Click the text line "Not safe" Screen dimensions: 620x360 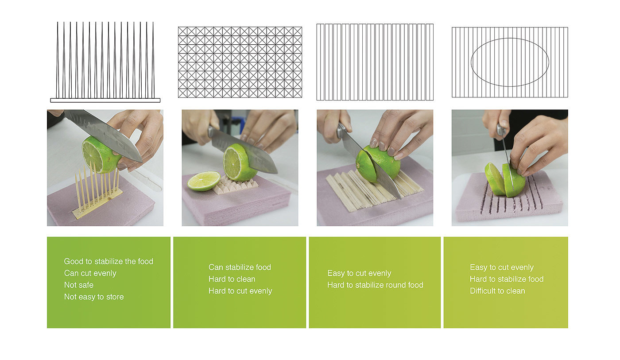[79, 285]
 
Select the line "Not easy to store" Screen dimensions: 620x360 [94, 297]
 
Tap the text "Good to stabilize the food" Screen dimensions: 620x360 [108, 261]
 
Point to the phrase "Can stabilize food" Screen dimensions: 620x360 [240, 267]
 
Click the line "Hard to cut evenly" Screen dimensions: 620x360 [240, 291]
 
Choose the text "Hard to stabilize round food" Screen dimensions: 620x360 [376, 285]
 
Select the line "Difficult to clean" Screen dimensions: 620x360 [497, 291]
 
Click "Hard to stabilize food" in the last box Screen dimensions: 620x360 [507, 279]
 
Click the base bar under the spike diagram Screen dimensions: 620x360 [105, 100]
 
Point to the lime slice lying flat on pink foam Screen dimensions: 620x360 [204, 181]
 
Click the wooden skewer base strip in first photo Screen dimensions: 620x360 [97, 205]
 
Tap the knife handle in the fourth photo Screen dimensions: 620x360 [501, 130]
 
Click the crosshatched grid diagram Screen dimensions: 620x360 [240, 62]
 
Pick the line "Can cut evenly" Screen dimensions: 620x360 [90, 273]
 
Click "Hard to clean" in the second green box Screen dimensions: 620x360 [232, 279]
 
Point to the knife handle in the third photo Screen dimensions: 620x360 [341, 132]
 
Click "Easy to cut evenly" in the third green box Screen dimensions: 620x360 [359, 273]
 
